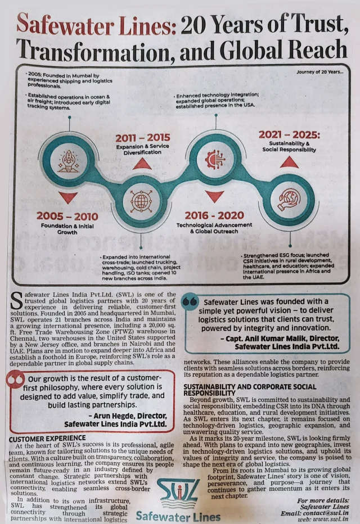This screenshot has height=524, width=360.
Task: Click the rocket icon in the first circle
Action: click(x=69, y=161)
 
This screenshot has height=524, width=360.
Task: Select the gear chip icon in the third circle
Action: click(x=215, y=160)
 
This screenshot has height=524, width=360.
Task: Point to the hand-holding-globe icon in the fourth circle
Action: click(x=289, y=200)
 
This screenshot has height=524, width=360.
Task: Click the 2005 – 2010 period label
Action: click(x=67, y=216)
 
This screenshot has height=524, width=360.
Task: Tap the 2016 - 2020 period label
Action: click(x=214, y=215)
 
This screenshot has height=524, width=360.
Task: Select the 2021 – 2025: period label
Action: click(x=289, y=135)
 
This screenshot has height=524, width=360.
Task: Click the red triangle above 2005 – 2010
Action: click(x=68, y=197)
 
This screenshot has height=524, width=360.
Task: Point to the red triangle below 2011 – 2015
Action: click(x=142, y=164)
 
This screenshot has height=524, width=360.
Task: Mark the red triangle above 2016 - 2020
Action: click(x=215, y=196)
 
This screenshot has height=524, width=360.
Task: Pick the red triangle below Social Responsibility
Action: click(x=289, y=162)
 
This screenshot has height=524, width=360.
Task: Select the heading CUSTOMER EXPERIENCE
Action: click(x=48, y=437)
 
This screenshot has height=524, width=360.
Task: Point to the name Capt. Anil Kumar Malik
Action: click(x=273, y=338)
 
